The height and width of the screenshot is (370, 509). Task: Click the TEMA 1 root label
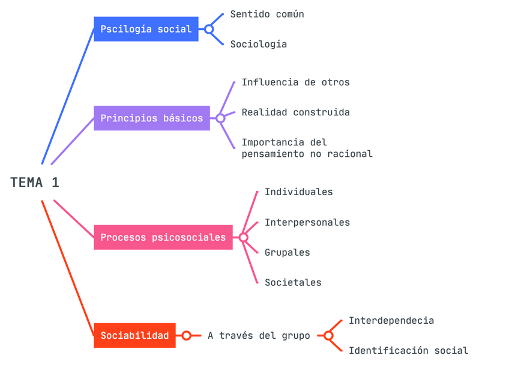[35, 183]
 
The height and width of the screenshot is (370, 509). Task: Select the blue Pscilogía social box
[146, 29]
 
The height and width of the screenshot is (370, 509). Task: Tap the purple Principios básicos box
[152, 118]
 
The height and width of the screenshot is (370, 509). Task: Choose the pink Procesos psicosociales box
[163, 237]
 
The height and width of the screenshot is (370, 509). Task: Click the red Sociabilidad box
[134, 335]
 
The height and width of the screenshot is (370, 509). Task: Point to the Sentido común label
[267, 14]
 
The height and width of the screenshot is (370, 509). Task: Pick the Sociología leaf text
[259, 44]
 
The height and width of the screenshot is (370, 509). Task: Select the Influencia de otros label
[295, 82]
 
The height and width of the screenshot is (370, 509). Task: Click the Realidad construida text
[295, 112]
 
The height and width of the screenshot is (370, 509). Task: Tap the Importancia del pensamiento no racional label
[307, 148]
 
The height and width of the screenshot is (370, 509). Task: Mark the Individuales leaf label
[298, 192]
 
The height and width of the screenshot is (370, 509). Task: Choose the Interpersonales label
[307, 222]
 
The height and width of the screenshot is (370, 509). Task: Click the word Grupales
[287, 252]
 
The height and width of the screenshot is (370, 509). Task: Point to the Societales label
[293, 282]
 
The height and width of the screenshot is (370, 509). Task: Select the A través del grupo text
[259, 336]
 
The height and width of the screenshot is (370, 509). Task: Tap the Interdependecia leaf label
[391, 321]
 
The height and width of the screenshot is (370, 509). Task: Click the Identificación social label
[408, 351]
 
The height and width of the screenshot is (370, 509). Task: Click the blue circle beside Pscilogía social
[209, 29]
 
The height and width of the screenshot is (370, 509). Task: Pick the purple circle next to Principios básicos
[220, 118]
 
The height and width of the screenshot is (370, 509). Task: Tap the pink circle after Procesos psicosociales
[243, 237]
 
